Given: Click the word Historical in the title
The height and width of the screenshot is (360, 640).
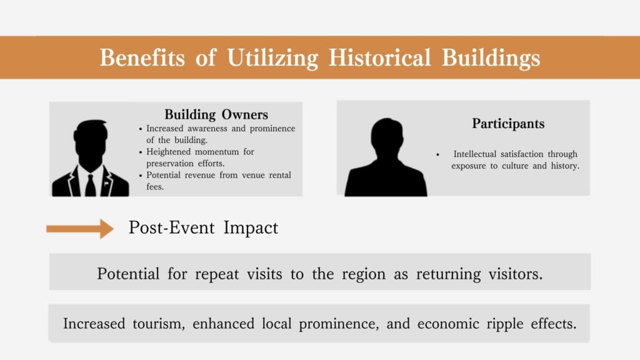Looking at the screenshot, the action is (x=379, y=57).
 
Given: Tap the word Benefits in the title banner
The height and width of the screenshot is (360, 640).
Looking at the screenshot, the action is (x=142, y=57).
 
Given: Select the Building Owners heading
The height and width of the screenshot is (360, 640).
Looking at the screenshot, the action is (x=216, y=115).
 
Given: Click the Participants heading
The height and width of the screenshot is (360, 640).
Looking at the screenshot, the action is (x=508, y=124).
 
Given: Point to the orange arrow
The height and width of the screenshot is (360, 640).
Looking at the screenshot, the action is (x=80, y=229).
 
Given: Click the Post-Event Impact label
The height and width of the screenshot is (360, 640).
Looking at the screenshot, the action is (x=203, y=227).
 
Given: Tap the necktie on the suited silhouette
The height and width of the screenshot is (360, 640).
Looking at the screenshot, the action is (x=90, y=186).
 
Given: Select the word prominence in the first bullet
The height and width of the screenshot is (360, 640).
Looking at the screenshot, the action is (x=272, y=129).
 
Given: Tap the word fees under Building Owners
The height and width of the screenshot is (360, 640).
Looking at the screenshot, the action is (x=155, y=187).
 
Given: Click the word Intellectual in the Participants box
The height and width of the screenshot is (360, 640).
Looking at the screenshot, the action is (x=475, y=154).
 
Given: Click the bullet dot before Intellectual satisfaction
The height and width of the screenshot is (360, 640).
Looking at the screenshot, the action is (x=437, y=155).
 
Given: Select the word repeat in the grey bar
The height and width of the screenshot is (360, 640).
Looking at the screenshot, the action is (x=217, y=274).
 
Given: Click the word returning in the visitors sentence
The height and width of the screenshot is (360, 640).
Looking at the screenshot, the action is (x=448, y=274).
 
